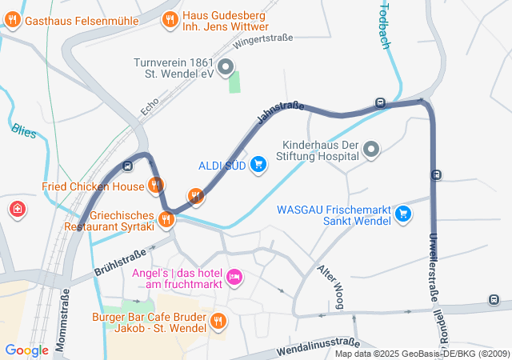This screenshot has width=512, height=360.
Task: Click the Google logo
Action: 26,350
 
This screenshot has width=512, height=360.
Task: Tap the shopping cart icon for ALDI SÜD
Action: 258,166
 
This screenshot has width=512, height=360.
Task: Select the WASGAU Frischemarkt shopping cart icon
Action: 403,214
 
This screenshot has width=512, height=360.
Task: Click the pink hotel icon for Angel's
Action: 234,277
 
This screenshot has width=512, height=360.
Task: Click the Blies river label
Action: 24,130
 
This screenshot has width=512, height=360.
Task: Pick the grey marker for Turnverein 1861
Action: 226,66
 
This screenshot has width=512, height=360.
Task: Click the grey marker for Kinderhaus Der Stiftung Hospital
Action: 371,149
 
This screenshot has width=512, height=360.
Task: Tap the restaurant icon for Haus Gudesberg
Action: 170,20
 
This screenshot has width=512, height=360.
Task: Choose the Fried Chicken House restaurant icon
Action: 156,186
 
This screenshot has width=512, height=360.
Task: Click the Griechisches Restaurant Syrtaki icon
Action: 167,218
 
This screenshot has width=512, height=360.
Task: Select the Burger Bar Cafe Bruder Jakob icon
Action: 219,322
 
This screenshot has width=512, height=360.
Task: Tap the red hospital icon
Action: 17,210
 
